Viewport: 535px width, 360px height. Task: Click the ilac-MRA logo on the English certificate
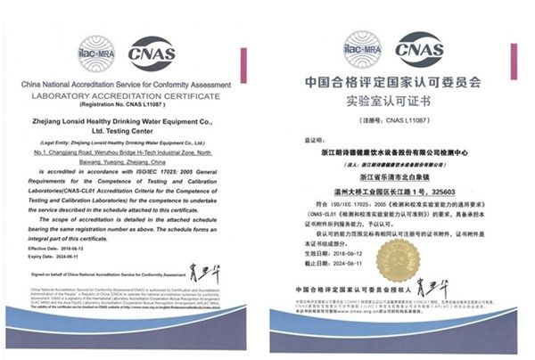point(95,51)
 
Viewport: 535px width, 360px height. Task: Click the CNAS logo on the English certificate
point(152,52)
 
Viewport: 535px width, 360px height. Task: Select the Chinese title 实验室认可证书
point(394,103)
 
